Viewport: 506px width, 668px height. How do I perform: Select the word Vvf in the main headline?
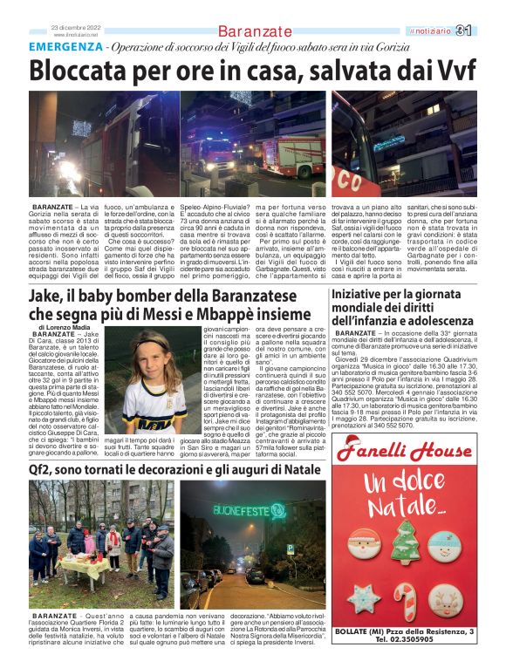coord(455,69)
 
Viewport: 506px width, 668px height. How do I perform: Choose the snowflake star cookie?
coord(365,597)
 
